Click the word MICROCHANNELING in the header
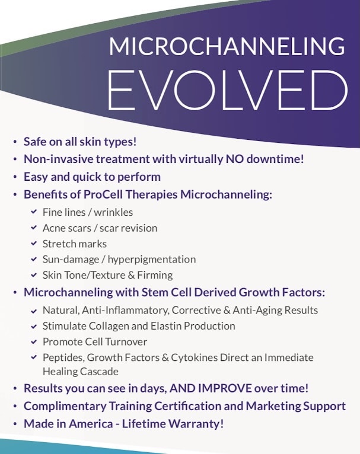[x=227, y=46]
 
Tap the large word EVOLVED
[x=228, y=90]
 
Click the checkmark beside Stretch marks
[x=34, y=244]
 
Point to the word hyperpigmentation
[x=151, y=260]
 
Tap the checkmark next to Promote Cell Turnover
[x=34, y=341]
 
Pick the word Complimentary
[x=65, y=407]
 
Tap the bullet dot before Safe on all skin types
[x=15, y=142]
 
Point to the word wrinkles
[x=113, y=212]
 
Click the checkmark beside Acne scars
[x=34, y=228]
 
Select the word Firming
[x=155, y=275]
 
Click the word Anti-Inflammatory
[x=125, y=311]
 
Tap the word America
[x=91, y=424]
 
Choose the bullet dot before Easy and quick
[x=15, y=177]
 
